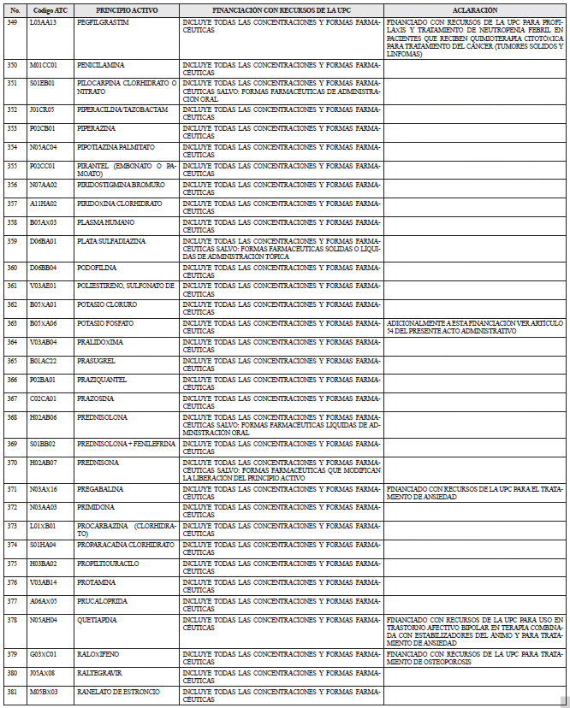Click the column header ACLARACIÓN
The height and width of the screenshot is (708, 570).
[475, 9]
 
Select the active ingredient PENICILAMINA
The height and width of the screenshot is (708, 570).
[100, 65]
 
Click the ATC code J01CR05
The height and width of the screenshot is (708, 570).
[42, 109]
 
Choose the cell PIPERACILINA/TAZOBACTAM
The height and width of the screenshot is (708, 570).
[122, 109]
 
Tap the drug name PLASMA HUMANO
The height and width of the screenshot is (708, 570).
[103, 222]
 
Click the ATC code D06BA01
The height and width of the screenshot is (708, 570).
[43, 241]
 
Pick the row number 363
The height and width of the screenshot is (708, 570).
[12, 323]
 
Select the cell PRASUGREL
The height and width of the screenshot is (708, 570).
[96, 361]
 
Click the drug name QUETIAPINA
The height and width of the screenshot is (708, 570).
[97, 619]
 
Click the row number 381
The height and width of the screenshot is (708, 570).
[12, 692]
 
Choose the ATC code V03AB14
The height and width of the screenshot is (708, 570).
[43, 582]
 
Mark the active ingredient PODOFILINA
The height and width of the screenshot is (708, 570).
[98, 268]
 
